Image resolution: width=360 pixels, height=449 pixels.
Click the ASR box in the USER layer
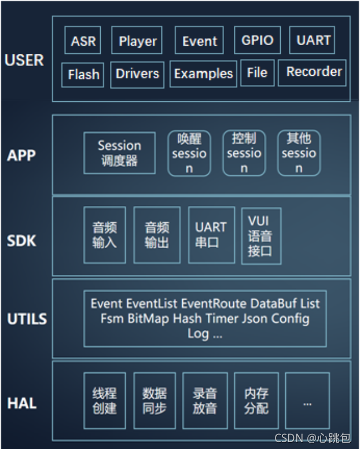(83, 41)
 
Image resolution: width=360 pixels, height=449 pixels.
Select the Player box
(137, 41)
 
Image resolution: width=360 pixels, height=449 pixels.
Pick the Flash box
(83, 74)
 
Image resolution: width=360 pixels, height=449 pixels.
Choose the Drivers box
(137, 73)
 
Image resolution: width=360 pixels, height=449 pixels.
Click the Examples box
(203, 73)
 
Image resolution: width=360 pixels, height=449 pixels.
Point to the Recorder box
(314, 72)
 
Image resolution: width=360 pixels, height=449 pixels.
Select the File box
(257, 73)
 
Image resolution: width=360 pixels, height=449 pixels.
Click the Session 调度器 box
(119, 153)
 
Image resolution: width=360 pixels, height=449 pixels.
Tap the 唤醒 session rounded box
(189, 153)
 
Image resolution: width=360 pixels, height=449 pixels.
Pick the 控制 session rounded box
(244, 153)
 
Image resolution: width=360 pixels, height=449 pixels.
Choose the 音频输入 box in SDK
(104, 234)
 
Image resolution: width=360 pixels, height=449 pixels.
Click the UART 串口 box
(211, 234)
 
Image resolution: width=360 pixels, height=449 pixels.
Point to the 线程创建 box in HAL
(104, 400)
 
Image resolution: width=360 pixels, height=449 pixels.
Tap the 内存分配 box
(256, 400)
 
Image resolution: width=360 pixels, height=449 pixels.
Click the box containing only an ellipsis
(307, 400)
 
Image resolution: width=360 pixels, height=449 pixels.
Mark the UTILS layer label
(27, 318)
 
